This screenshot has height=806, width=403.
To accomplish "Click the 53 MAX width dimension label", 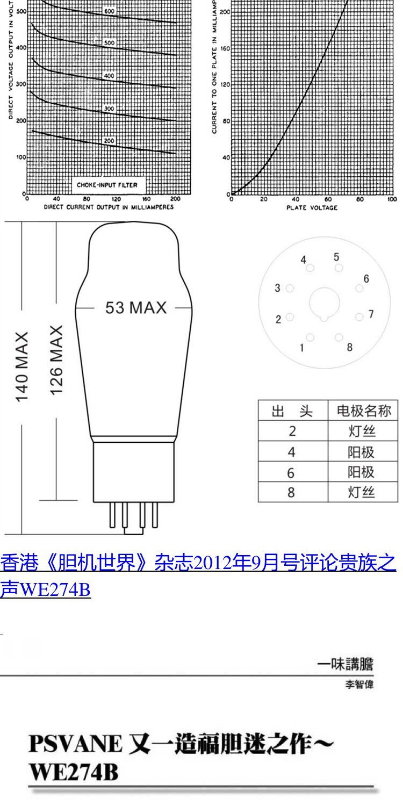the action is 135,308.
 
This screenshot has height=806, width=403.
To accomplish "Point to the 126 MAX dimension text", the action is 57,359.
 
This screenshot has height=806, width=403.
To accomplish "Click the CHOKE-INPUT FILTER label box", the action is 107,185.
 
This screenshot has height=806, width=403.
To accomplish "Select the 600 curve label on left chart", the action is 109,11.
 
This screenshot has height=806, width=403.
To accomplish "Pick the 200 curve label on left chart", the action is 109,141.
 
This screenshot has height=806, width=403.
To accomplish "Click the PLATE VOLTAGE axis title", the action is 312,207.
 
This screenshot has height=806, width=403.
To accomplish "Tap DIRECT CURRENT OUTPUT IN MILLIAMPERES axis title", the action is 109,207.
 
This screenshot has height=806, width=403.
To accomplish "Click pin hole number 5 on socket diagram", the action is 339,268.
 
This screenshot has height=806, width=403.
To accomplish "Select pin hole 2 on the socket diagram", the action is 290,318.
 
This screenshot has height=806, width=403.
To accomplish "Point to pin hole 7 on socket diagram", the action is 359,317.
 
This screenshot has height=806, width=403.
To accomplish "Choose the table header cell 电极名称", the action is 363,411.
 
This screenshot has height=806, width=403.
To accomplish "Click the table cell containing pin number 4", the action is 292,452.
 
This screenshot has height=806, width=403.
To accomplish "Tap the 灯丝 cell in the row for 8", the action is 361,492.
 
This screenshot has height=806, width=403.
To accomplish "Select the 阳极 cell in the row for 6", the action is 361,472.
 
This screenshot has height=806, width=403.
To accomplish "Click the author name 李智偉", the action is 359,685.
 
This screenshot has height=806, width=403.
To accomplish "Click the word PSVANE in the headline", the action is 75,744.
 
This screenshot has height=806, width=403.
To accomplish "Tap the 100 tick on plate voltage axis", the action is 392,199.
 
